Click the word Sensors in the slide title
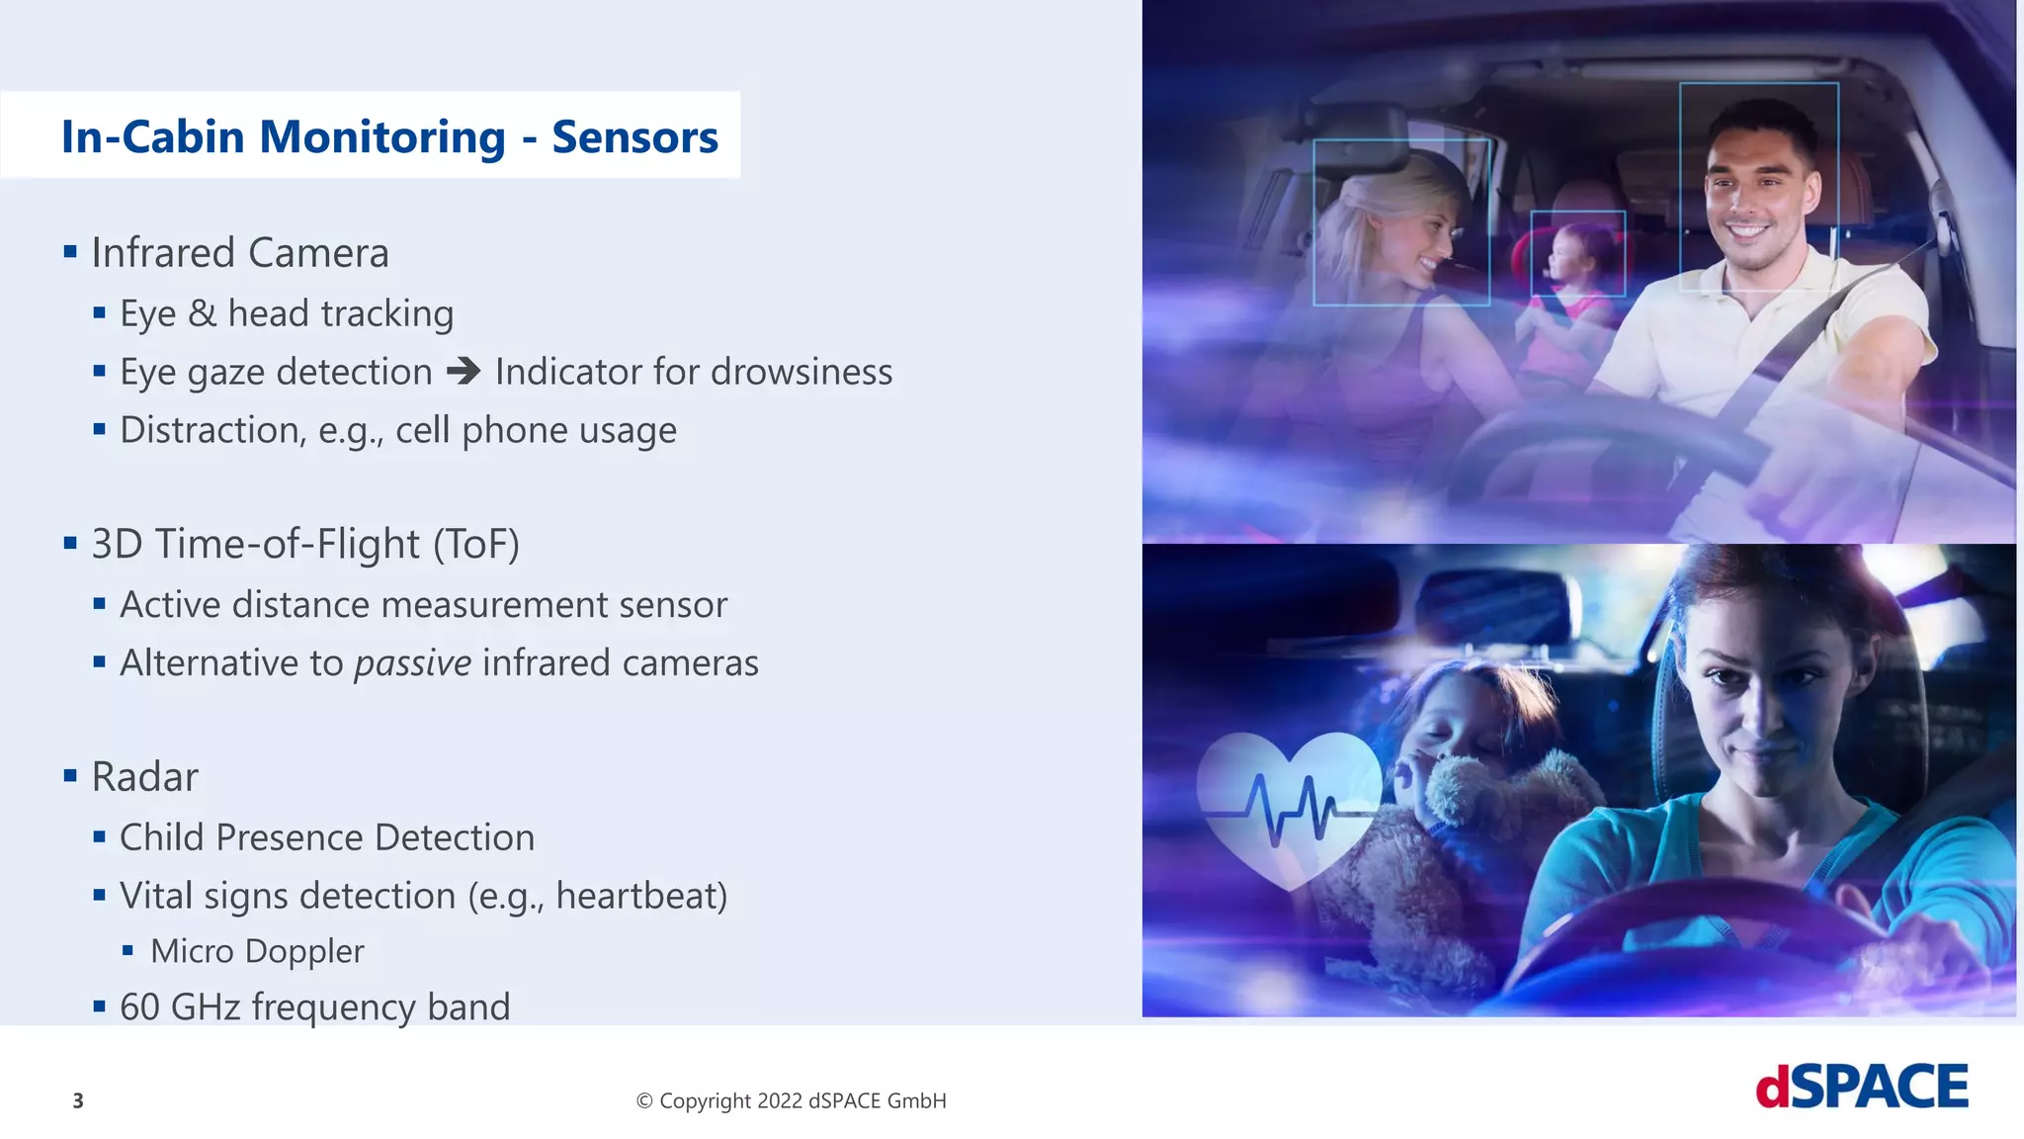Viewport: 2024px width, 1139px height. click(634, 136)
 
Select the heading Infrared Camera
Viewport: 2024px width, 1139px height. click(239, 253)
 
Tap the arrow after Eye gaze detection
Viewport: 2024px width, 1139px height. click(464, 372)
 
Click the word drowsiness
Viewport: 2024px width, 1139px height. click(801, 372)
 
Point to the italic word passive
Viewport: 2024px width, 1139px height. click(413, 662)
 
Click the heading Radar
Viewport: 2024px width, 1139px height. click(144, 777)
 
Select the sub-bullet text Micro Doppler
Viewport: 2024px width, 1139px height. click(257, 951)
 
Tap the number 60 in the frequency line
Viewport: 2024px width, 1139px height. click(139, 1008)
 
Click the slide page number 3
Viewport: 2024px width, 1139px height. click(78, 1100)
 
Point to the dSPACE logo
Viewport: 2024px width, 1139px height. click(1861, 1088)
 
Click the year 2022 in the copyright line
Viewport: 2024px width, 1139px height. click(779, 1100)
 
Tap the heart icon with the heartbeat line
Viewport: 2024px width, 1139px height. click(1288, 801)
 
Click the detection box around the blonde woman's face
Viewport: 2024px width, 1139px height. click(1400, 221)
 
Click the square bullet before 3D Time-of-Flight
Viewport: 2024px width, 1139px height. click(70, 543)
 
